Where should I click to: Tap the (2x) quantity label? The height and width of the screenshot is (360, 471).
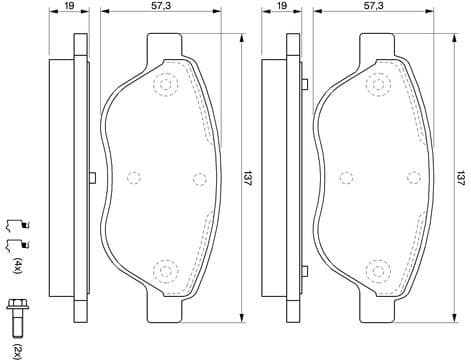[x=17, y=345]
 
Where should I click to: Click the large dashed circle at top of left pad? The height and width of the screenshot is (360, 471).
[x=163, y=85]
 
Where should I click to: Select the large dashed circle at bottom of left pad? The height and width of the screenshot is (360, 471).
[x=163, y=270]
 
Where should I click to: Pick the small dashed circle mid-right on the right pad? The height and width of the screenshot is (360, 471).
[x=409, y=180]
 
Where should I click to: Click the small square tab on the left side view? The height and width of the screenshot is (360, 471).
[x=91, y=179]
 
